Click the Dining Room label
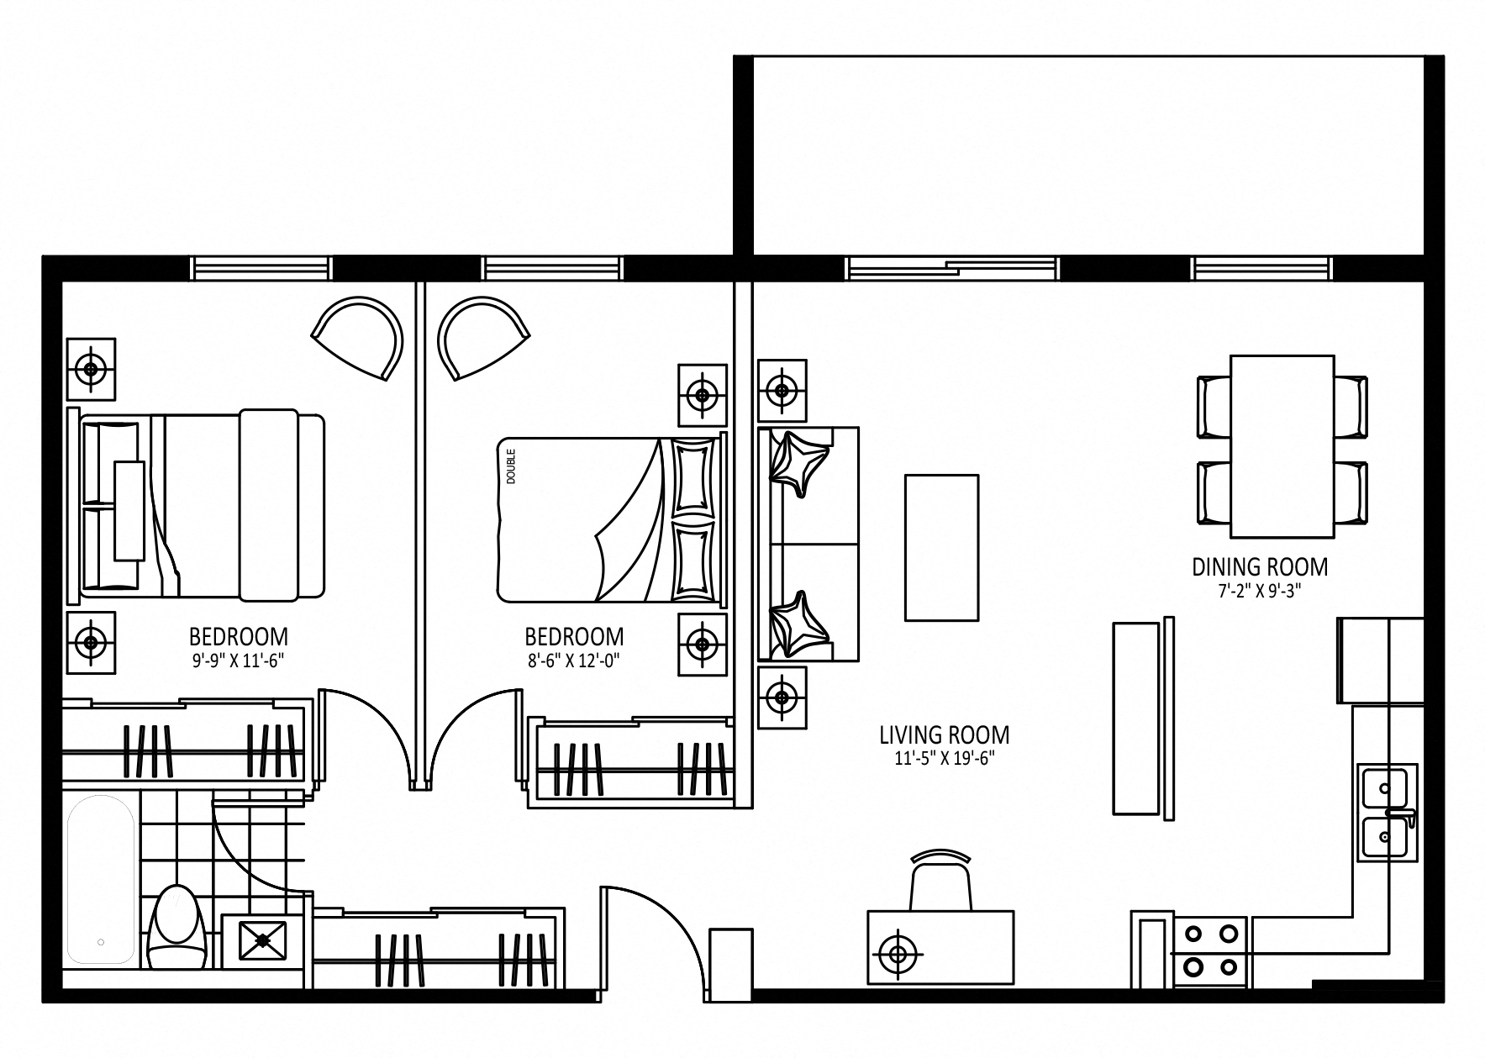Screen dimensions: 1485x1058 [x=1260, y=567]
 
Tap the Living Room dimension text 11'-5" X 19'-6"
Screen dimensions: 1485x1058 [x=945, y=759]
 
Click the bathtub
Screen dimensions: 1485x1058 [x=101, y=879]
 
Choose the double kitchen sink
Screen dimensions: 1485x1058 [x=1387, y=811]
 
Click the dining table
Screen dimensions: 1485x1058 [x=1282, y=446]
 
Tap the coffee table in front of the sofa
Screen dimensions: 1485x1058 [x=941, y=547]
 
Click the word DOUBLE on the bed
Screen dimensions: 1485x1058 [x=511, y=466]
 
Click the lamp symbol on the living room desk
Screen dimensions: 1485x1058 [x=898, y=954]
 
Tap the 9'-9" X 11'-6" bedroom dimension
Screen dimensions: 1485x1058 [x=238, y=661]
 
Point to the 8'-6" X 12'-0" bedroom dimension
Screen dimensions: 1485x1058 [x=574, y=661]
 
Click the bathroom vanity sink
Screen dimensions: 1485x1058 [x=263, y=940]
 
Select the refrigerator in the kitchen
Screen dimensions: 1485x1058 [x=1380, y=661]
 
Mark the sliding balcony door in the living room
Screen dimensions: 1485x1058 [x=953, y=268]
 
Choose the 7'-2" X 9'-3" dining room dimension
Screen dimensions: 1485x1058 [x=1259, y=591]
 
